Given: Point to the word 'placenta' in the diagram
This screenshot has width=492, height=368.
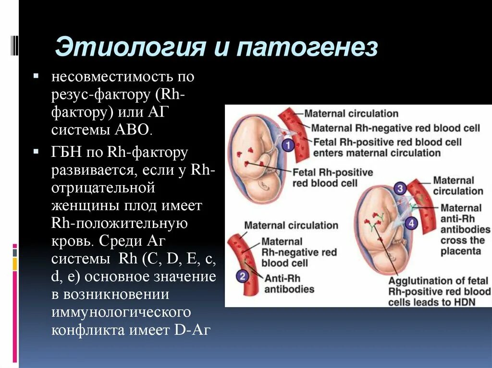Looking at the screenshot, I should pyautogui.click(x=460, y=251).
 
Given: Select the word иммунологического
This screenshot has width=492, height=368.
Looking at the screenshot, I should pyautogui.click(x=122, y=312).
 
